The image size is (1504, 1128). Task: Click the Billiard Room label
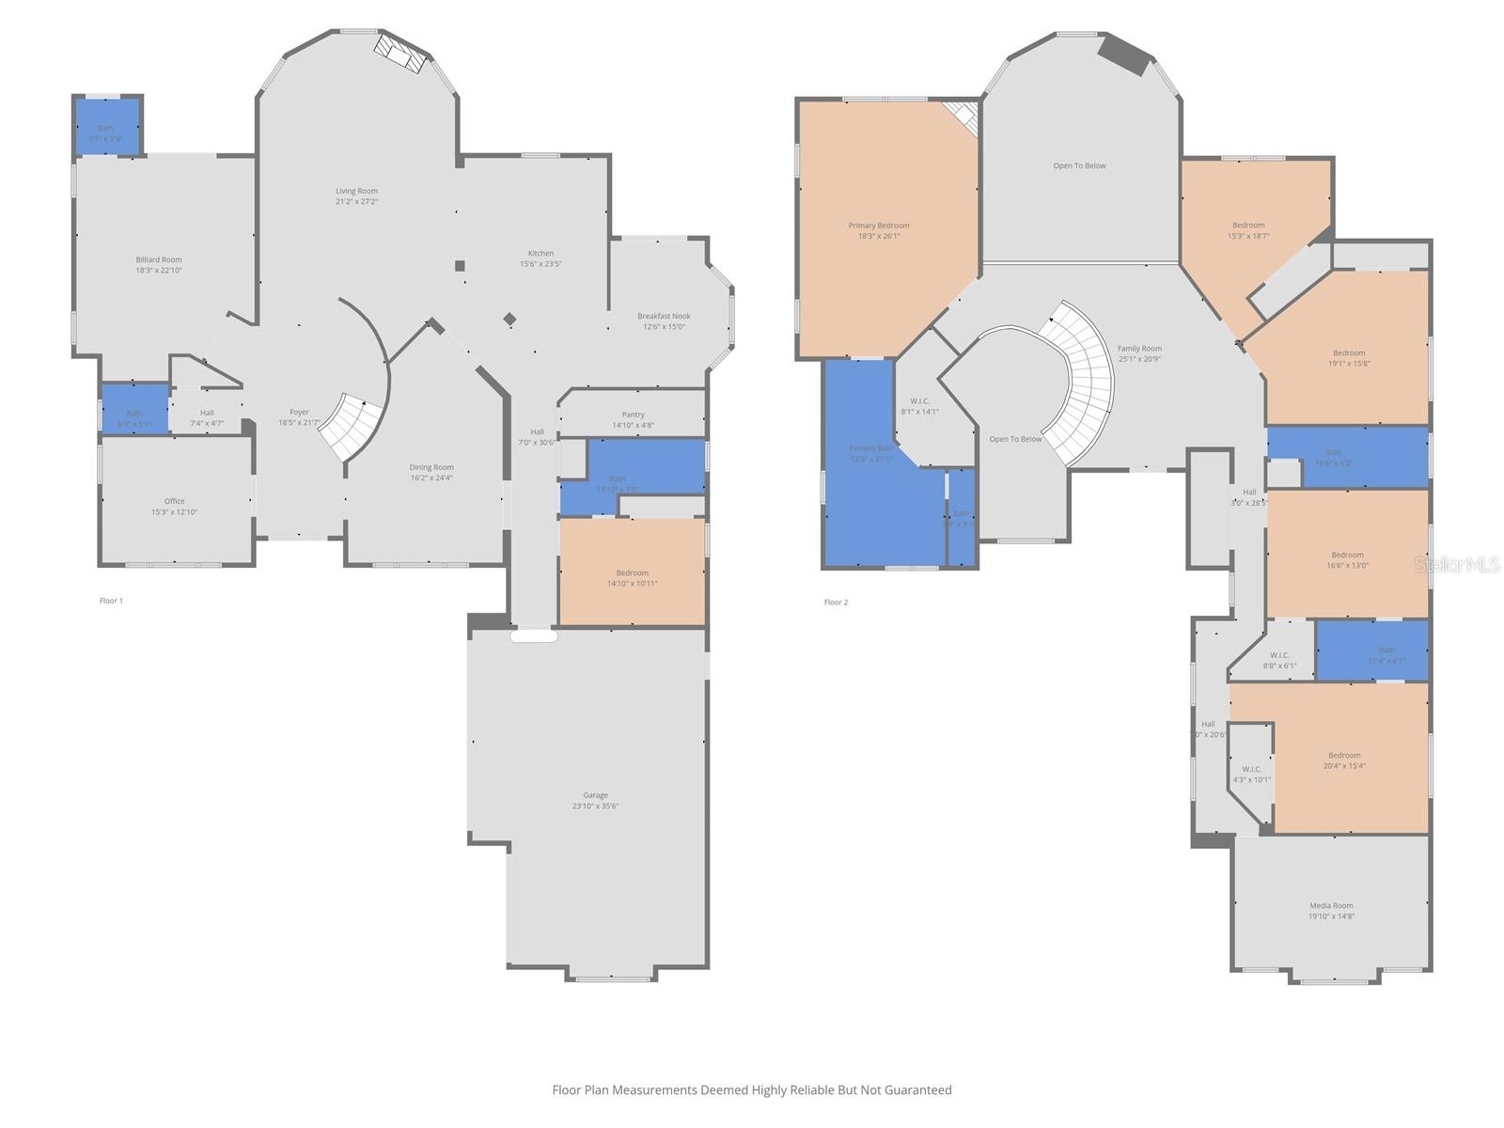point(159,260)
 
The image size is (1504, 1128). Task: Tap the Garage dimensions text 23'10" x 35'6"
point(595,807)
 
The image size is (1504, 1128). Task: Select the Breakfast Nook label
point(664,317)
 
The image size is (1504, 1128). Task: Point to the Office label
point(175,501)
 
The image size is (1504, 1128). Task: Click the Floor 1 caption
point(111,601)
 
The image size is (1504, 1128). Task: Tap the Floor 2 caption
point(836,603)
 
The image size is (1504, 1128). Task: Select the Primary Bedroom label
point(879,226)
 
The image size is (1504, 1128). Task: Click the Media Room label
point(1331,906)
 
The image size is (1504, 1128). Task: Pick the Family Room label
point(1139,349)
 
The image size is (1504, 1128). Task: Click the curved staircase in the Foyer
point(352,425)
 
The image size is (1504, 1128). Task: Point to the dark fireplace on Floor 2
point(1126,54)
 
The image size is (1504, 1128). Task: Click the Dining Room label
point(431,467)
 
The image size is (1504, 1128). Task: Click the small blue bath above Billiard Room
point(106,128)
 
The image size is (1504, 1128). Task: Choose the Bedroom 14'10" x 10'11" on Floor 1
point(632,573)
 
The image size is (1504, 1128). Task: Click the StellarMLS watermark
point(1457,564)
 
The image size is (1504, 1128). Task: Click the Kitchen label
point(540,254)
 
